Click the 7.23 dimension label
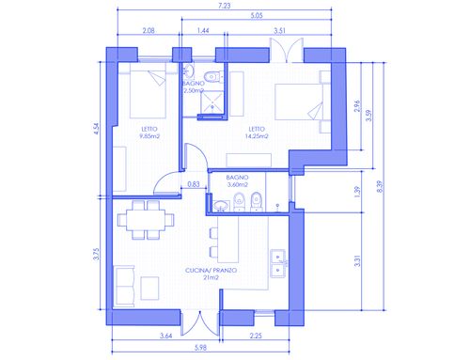(x=225, y=6)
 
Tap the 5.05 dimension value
(x=257, y=15)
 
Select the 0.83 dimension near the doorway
(x=194, y=184)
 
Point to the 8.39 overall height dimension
(x=380, y=186)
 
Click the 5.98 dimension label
(x=200, y=348)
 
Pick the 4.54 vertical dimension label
(x=96, y=129)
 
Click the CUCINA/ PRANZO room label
(x=211, y=270)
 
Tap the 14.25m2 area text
(x=257, y=136)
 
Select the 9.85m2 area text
(x=149, y=136)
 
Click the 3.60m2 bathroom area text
(x=238, y=185)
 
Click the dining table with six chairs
(x=146, y=220)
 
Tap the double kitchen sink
(x=278, y=264)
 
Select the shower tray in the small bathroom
(x=212, y=102)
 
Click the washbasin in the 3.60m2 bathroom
(x=222, y=206)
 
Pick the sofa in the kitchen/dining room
(x=124, y=286)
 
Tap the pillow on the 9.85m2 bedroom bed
(x=157, y=78)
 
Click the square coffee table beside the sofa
(x=149, y=288)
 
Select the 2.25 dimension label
(x=256, y=336)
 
